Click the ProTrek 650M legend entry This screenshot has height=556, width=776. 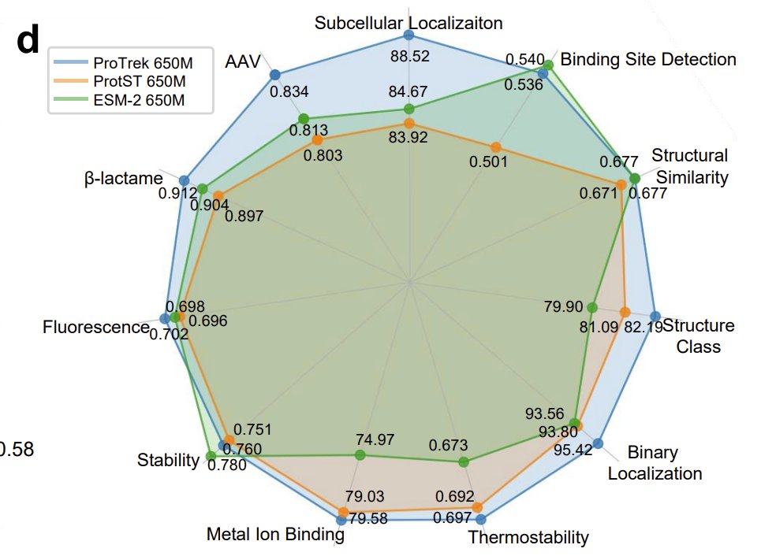122,62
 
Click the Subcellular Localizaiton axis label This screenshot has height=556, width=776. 408,23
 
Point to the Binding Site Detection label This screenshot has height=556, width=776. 647,59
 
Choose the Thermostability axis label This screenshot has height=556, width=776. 528,538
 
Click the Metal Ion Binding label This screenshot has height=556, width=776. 275,535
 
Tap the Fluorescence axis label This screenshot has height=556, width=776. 95,327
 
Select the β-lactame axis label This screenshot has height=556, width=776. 123,179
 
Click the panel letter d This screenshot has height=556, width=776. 28,41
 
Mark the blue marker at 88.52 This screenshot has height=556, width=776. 409,35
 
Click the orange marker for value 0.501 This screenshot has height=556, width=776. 496,147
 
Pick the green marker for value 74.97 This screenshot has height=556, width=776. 360,455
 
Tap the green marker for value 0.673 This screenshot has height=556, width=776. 464,461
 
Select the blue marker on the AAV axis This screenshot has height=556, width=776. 274,75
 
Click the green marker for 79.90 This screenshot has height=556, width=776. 592,307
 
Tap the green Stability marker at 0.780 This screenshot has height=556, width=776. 211,455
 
